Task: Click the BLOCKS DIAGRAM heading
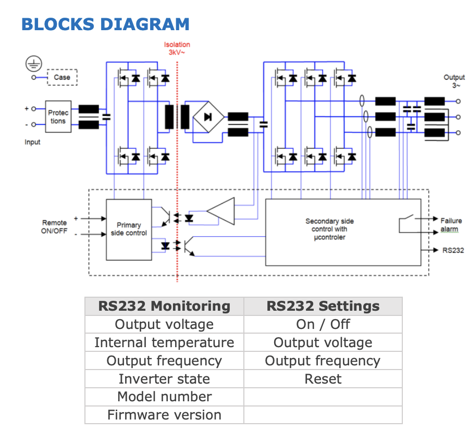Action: coord(105,24)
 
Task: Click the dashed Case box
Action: coord(62,78)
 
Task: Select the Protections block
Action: coord(58,117)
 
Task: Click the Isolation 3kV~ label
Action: coord(177,48)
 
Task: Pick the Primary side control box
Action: coord(129,229)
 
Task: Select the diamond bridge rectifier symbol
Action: coord(208,117)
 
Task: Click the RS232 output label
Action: coord(453,250)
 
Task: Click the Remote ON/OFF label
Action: coord(54,227)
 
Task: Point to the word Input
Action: coord(32,142)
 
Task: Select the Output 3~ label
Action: coord(454,81)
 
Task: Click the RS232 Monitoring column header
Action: coord(164,306)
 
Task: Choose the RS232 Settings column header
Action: coord(323,306)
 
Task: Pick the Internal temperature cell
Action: coord(164,342)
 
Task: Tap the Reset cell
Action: coord(323,379)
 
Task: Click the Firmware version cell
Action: coord(164,415)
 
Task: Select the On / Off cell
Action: coord(323,324)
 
